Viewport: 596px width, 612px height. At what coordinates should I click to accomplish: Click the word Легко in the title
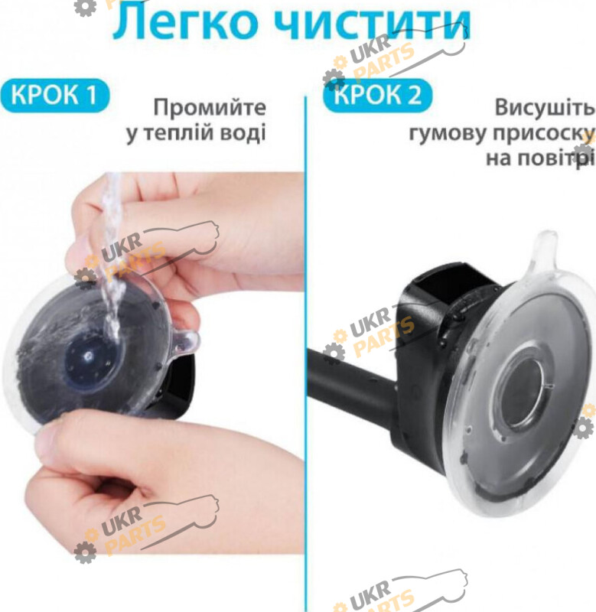[x=185, y=23]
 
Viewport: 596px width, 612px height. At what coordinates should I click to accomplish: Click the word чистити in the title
[x=372, y=23]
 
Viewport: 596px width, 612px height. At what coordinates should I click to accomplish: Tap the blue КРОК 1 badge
[x=54, y=95]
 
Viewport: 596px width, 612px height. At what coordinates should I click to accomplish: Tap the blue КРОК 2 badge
[x=378, y=95]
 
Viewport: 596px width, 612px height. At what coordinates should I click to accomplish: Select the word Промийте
[x=210, y=108]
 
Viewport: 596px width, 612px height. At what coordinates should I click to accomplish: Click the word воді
[x=243, y=132]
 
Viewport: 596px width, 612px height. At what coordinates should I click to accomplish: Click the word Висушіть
[x=545, y=107]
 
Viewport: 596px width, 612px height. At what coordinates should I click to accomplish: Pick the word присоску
[x=544, y=133]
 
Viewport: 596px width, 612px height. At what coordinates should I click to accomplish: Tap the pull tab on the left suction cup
[x=186, y=342]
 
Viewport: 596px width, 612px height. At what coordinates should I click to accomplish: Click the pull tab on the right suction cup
[x=543, y=252]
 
